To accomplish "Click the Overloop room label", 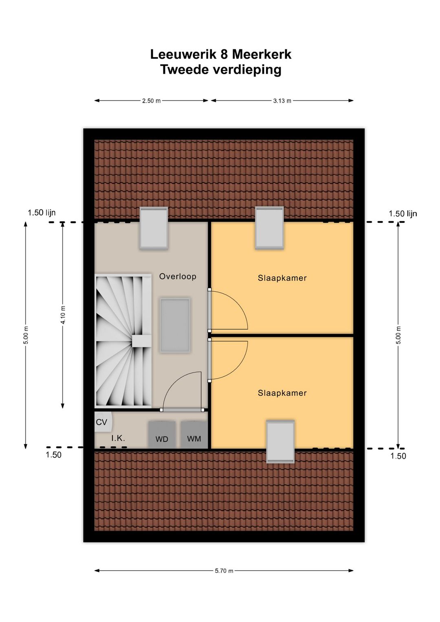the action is (x=177, y=276).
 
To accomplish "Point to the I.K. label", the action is (x=118, y=438).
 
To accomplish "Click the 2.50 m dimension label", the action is (x=151, y=101).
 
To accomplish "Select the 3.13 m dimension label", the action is (x=282, y=101).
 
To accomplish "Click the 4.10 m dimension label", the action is (x=63, y=315).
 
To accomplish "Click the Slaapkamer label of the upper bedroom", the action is (x=282, y=278).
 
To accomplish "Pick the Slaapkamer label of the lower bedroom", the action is (x=282, y=393).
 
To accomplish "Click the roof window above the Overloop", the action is (x=154, y=228).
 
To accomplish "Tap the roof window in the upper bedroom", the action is (x=269, y=228).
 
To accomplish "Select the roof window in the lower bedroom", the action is (x=280, y=441).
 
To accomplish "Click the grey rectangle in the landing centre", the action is (x=175, y=325).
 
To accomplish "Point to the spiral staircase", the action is (x=123, y=341).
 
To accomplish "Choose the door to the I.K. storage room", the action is (x=182, y=410).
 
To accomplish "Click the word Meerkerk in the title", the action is (x=262, y=55).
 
